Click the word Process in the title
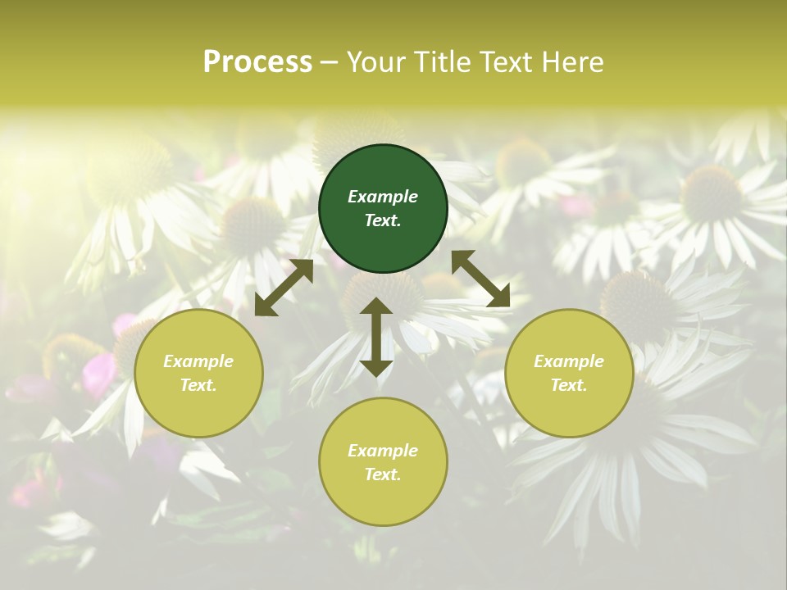tap(257, 61)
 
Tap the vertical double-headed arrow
tap(376, 337)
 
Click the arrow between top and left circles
tap(284, 288)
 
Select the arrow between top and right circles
tap(480, 279)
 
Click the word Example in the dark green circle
tap(383, 197)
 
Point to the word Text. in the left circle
tap(198, 385)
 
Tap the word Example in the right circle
tap(569, 361)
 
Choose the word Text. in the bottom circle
tap(383, 474)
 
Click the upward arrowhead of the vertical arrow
tap(376, 307)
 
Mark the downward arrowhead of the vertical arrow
tap(376, 366)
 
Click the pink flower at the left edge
tap(98, 373)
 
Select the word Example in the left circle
tap(198, 361)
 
